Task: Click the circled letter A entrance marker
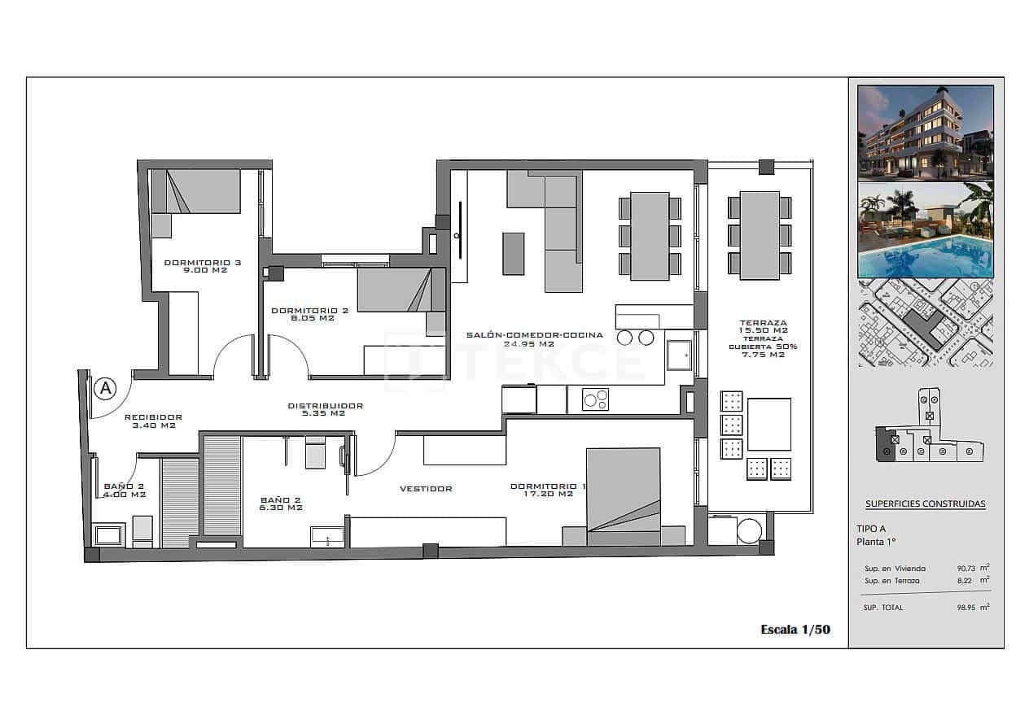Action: point(104,389)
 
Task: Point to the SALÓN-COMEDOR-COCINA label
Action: point(534,339)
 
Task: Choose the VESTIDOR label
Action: point(426,489)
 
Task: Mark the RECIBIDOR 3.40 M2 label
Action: point(153,421)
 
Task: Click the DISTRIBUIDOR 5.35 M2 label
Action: point(325,409)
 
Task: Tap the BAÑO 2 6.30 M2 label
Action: point(281,504)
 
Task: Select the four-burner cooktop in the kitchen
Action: point(595,399)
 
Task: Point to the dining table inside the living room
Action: point(650,236)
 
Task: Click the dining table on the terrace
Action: point(760,236)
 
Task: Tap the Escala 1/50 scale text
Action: point(795,629)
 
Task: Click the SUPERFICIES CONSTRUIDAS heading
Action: point(925,504)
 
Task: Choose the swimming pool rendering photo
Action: point(926,230)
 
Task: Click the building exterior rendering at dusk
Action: point(926,132)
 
